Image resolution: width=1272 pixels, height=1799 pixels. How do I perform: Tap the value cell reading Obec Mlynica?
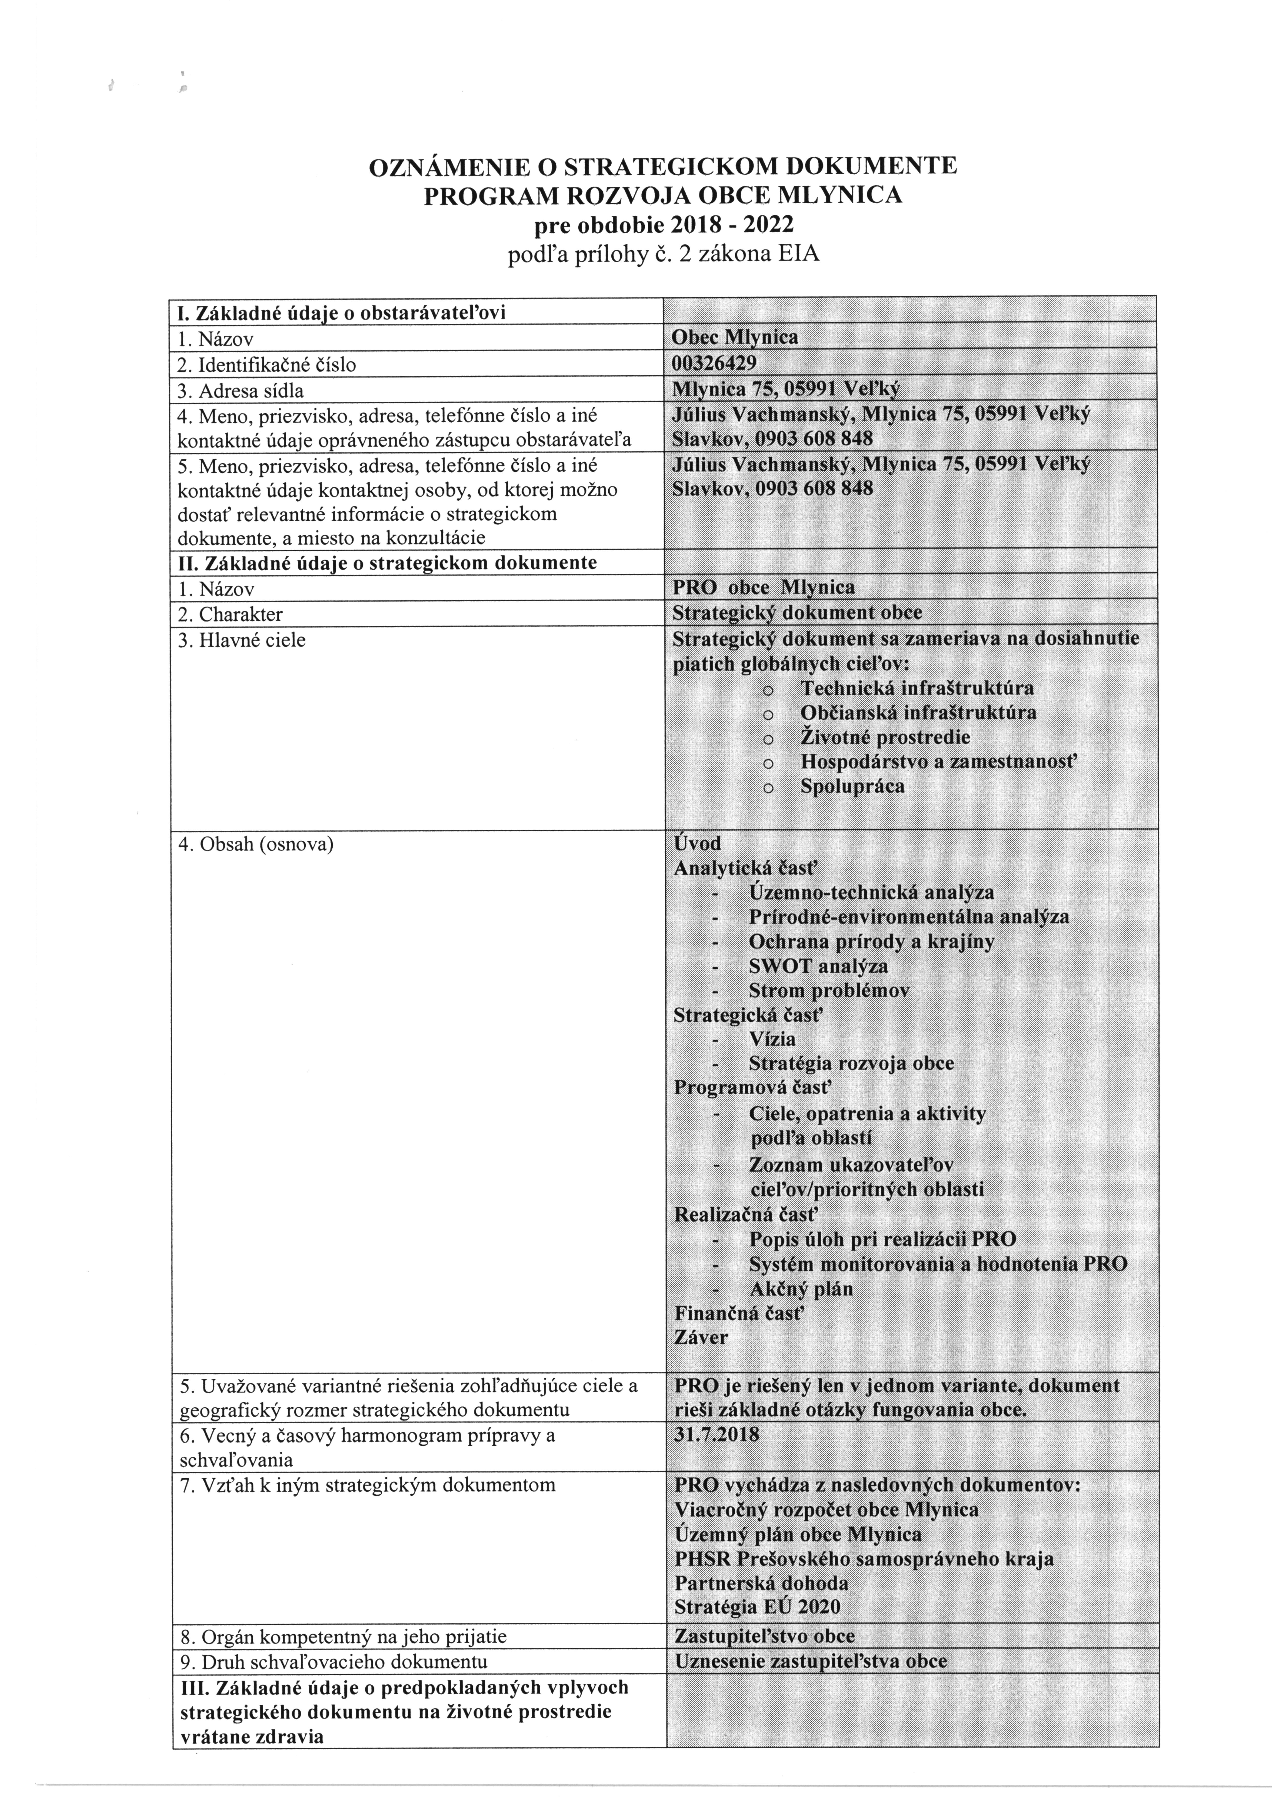pos(735,338)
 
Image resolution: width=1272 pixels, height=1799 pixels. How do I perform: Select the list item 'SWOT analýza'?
pos(818,966)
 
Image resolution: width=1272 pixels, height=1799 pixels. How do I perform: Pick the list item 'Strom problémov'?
pos(829,990)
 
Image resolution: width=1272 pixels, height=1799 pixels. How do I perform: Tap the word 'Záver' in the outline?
pos(701,1337)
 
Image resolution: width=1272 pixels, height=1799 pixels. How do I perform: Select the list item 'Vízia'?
pos(772,1039)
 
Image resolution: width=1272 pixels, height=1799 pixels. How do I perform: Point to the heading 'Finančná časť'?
pos(739,1313)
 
